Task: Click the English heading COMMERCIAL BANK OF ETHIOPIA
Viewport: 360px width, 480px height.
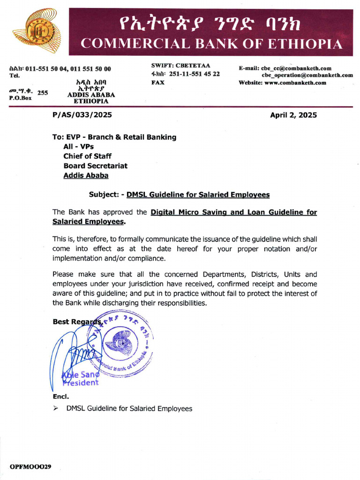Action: click(211, 44)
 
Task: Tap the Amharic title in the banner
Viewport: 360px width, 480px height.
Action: click(211, 21)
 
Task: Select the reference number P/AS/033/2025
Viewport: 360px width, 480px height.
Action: click(82, 115)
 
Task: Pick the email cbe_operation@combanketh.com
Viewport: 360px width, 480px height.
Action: click(307, 75)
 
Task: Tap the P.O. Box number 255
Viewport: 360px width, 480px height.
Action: click(43, 93)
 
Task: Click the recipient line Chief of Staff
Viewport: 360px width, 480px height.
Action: click(88, 156)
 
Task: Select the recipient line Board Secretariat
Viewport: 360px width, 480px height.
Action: click(95, 166)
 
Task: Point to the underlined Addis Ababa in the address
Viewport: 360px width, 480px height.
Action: click(86, 176)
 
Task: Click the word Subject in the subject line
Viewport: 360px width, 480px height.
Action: click(105, 195)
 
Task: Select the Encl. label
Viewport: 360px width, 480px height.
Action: click(60, 397)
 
